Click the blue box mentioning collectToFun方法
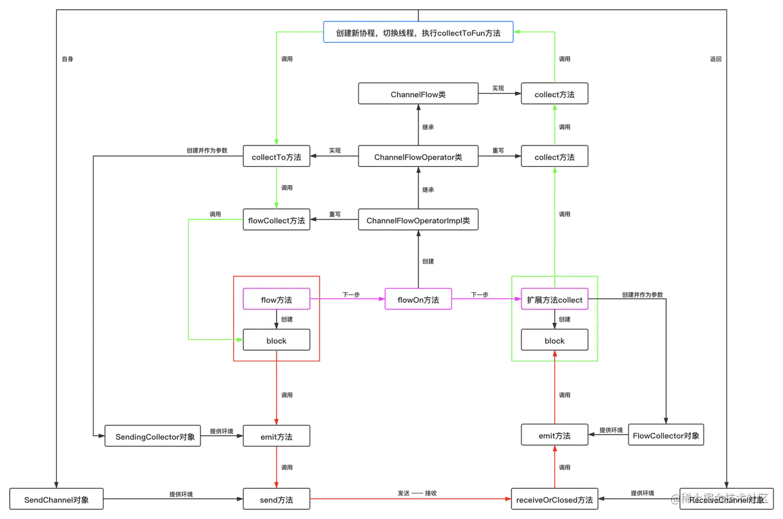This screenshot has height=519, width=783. tap(418, 33)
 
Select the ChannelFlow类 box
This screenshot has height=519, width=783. tap(418, 95)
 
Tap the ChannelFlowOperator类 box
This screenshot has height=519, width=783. tap(418, 157)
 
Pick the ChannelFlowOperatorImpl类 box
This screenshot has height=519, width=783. tap(418, 220)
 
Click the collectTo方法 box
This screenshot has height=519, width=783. tap(276, 157)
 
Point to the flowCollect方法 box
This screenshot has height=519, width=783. tap(276, 220)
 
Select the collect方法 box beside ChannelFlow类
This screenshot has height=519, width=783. tap(555, 95)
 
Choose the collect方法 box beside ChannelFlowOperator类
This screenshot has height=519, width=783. tap(555, 157)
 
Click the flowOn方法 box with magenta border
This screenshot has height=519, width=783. tap(418, 300)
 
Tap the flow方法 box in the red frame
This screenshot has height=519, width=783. tap(276, 300)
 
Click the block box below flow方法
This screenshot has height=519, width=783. tap(276, 340)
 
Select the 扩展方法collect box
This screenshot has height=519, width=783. tap(555, 300)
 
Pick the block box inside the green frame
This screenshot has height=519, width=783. tap(555, 340)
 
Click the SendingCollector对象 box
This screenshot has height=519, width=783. tap(152, 436)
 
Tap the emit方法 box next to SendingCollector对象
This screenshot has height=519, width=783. tap(276, 436)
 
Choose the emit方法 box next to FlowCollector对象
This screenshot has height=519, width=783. tap(555, 435)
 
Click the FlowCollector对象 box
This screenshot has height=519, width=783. tap(666, 435)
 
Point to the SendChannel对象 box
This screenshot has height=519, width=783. tap(56, 499)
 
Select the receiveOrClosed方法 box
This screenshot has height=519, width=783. tap(555, 499)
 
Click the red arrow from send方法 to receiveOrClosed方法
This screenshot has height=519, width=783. tap(411, 499)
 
